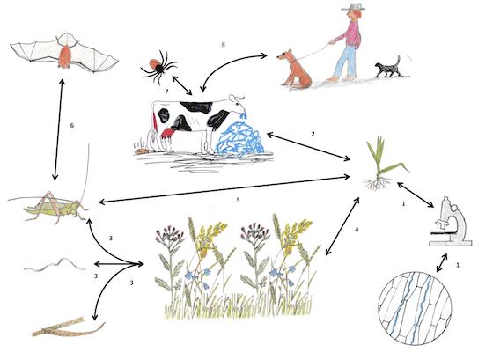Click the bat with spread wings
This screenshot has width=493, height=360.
65,56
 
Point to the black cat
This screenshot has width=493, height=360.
387,68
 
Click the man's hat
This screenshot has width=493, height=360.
354,8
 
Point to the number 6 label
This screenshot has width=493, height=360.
72,126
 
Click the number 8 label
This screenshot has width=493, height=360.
224,45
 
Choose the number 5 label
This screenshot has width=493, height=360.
238,200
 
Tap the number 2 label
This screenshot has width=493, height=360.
313,134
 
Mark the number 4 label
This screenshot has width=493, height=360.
357,230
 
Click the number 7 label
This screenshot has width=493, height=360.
166,92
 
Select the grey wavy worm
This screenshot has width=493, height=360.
55,264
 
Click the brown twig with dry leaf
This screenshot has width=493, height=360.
68,327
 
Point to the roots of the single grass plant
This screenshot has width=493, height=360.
378,183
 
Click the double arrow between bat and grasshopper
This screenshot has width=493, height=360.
58,129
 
